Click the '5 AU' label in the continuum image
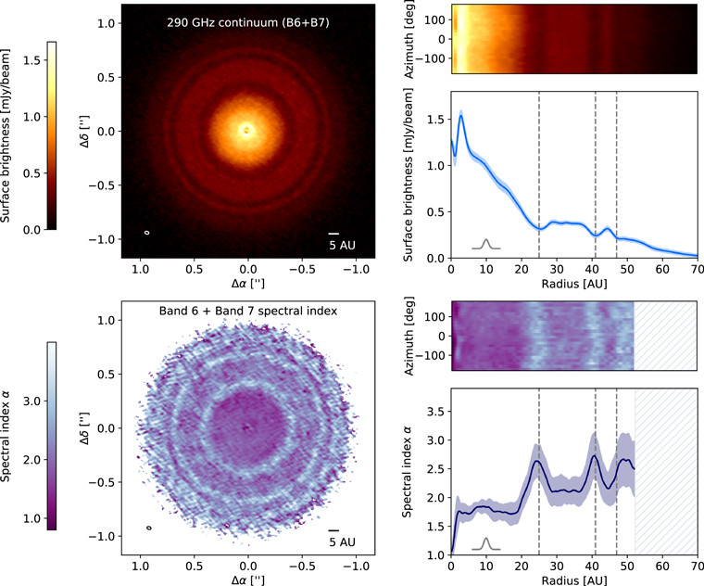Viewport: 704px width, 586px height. pyautogui.click(x=339, y=246)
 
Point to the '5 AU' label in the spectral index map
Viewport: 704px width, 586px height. pyautogui.click(x=341, y=541)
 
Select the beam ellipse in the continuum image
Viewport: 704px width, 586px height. pyautogui.click(x=147, y=232)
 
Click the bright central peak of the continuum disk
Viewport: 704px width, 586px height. pyautogui.click(x=246, y=131)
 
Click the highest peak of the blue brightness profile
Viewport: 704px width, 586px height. pyautogui.click(x=461, y=115)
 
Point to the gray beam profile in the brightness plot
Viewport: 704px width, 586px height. pyautogui.click(x=486, y=244)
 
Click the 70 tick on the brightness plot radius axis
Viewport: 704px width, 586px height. pyautogui.click(x=697, y=269)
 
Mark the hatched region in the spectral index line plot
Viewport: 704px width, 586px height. pyautogui.click(x=666, y=473)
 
